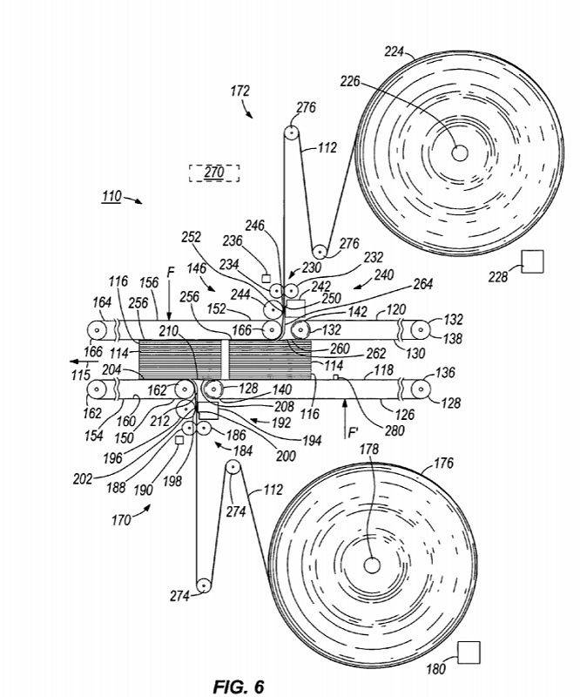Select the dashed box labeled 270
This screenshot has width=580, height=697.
click(x=213, y=173)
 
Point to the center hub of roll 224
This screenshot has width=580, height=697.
click(x=459, y=152)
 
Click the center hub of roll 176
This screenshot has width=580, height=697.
click(x=372, y=565)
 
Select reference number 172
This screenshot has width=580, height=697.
click(x=240, y=90)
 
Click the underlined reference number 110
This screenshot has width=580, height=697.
click(x=111, y=196)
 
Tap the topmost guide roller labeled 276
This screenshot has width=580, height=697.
click(x=290, y=134)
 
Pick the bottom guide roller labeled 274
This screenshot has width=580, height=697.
click(x=202, y=585)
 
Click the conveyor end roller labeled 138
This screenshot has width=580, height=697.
click(x=420, y=329)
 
